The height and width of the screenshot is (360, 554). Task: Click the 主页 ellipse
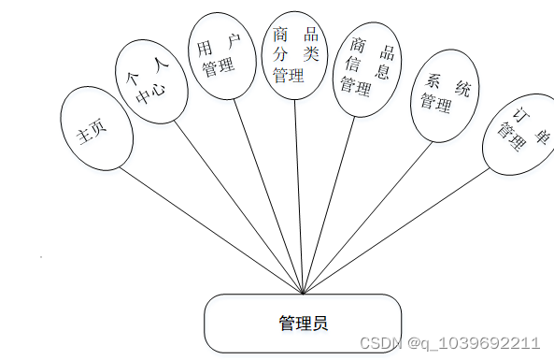tap(91, 131)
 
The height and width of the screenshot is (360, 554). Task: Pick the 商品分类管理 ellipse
tap(294, 54)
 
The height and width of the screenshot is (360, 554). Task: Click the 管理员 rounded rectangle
tap(302, 324)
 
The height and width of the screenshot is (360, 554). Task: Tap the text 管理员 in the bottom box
tap(302, 324)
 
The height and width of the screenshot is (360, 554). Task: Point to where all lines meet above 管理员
tap(303, 293)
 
